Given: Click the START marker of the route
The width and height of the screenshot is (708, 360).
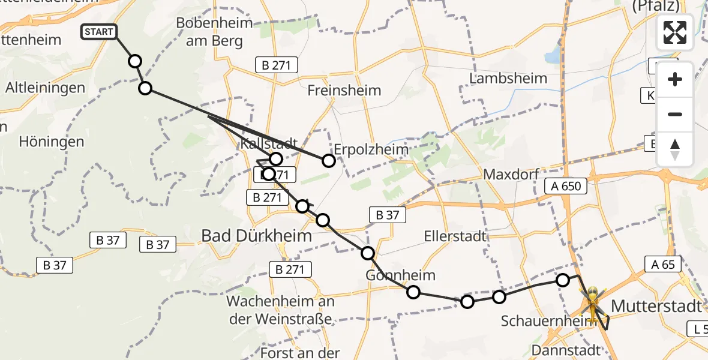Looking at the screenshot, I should (x=99, y=32).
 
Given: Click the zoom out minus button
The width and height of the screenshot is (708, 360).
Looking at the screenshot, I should (x=675, y=115).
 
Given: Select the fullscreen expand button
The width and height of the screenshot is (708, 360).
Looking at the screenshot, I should (x=675, y=32).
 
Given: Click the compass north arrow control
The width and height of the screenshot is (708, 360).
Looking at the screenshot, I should (x=675, y=149).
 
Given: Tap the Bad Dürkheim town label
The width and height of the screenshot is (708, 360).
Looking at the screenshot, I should (x=256, y=236).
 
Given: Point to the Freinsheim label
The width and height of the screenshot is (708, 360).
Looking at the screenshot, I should (x=344, y=91).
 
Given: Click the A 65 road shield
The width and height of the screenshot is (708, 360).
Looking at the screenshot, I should (x=662, y=264).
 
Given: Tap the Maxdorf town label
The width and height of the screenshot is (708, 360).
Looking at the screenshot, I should (x=509, y=175).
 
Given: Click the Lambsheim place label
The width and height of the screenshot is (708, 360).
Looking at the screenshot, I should (x=509, y=78).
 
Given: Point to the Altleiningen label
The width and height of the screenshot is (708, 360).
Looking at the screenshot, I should (x=45, y=88).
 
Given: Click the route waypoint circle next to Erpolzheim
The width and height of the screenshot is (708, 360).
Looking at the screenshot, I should (x=329, y=160).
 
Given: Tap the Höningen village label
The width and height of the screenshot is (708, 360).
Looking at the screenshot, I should (x=52, y=142).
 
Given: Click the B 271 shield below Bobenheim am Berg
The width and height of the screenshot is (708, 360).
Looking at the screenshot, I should (x=277, y=65).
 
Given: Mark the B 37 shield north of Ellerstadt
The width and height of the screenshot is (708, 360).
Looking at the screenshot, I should (x=387, y=215).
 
